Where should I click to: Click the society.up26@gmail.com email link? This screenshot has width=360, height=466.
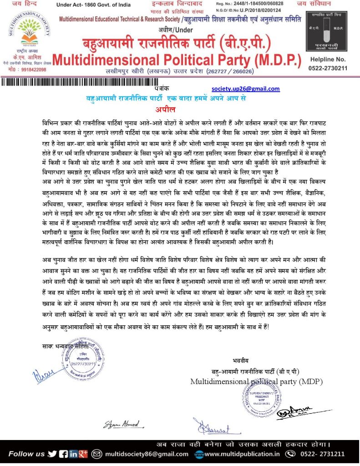(246, 89)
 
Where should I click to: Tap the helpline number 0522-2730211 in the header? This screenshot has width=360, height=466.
(328, 68)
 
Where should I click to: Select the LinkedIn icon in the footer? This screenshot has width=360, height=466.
(73, 453)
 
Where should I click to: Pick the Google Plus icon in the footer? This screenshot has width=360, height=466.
(83, 453)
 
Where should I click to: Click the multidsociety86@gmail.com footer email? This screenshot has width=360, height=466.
(146, 454)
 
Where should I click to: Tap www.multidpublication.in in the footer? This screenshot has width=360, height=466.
(241, 454)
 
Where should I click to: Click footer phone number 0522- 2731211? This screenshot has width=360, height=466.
(322, 454)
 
